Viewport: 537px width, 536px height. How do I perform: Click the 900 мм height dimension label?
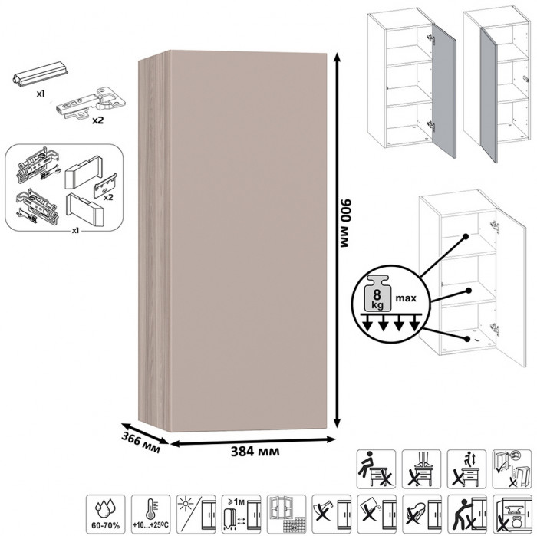(x=344, y=222)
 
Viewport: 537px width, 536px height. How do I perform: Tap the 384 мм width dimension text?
(x=255, y=452)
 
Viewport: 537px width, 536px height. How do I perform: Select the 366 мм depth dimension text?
(x=140, y=443)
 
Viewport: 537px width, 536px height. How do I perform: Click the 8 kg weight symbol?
(x=377, y=294)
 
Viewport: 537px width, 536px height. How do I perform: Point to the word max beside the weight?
(x=406, y=298)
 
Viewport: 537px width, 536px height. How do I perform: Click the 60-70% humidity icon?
(x=106, y=515)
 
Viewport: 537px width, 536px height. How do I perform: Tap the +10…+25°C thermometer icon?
(x=150, y=515)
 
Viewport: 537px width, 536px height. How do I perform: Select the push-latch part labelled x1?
(x=41, y=74)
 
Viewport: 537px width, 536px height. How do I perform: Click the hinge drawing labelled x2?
(x=91, y=103)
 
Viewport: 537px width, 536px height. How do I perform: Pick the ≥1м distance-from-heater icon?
(x=241, y=515)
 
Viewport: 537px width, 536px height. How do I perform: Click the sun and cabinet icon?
(x=196, y=515)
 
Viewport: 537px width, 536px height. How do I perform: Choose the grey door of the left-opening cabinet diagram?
(x=489, y=95)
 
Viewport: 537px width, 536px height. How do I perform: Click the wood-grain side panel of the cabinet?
(x=154, y=239)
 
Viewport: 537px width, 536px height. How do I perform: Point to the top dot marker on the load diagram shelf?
(x=466, y=236)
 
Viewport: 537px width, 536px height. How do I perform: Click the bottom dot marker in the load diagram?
(x=466, y=339)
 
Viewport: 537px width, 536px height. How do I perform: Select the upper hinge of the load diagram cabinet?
(x=494, y=226)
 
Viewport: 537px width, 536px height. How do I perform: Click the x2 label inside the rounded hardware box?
(x=108, y=198)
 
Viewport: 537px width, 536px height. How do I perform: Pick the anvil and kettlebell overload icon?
(x=512, y=515)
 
